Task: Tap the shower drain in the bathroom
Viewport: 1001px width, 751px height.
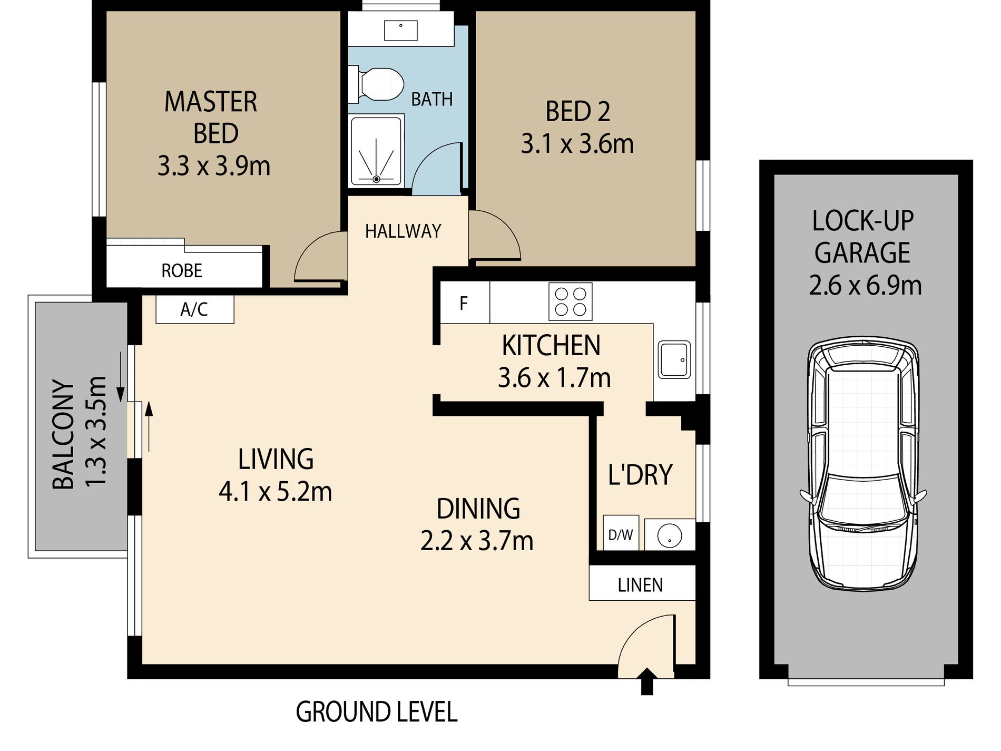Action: [376, 179]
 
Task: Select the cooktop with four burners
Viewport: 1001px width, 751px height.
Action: [570, 301]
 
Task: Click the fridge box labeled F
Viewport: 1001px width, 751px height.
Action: [464, 303]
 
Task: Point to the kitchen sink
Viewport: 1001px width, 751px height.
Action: [674, 359]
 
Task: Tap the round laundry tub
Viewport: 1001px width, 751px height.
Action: [670, 534]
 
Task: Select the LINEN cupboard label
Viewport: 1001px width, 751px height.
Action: [641, 584]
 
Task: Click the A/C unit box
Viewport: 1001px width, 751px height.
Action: [194, 309]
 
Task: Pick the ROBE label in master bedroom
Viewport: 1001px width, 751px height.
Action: [182, 270]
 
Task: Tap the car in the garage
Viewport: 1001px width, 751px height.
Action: [863, 464]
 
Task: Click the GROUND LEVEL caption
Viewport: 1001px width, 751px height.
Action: [376, 712]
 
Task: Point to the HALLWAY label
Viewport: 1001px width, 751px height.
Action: [403, 231]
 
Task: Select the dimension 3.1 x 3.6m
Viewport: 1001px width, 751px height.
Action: [577, 144]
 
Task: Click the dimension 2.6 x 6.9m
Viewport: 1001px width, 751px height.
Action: [865, 286]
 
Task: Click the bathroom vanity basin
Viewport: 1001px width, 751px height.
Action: [400, 31]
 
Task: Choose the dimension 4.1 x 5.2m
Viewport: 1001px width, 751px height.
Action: [275, 492]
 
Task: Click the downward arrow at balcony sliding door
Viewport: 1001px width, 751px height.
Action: [121, 377]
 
